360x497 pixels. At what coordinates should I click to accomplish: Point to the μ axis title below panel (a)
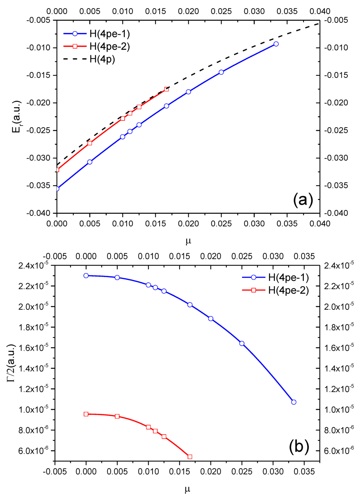(x=188, y=241)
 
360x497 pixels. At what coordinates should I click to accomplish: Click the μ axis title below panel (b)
(x=187, y=488)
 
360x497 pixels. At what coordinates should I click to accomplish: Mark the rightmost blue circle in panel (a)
(x=276, y=44)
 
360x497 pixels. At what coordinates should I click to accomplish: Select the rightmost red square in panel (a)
(x=166, y=89)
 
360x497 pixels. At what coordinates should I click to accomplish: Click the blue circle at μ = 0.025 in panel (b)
(x=242, y=343)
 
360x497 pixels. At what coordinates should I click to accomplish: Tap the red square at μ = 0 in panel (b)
(x=86, y=414)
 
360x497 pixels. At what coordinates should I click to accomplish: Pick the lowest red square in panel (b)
(x=190, y=457)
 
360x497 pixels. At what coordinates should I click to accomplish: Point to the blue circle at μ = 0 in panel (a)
(x=57, y=189)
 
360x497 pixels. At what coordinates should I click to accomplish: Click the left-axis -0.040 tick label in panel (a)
(x=39, y=213)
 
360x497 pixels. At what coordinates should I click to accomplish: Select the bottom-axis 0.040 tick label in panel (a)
(x=320, y=224)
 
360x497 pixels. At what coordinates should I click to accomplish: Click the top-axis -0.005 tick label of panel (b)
(x=55, y=256)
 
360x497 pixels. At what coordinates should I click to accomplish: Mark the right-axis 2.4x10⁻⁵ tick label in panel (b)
(x=339, y=265)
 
